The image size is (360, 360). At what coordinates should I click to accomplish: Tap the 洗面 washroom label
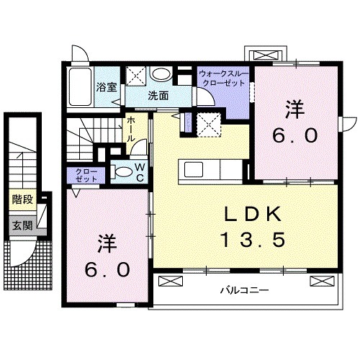pos(158,94)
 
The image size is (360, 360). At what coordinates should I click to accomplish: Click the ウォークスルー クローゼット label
pos(222,78)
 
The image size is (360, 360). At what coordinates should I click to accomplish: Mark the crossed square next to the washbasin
pos(136,74)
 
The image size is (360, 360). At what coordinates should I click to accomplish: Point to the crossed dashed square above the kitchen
pos(210,124)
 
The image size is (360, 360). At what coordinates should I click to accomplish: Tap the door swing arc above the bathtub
pos(80,55)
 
